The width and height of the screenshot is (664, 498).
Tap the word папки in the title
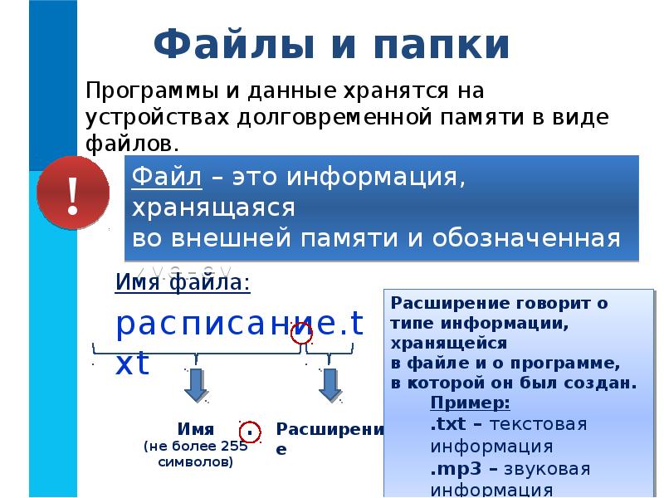coord(429,45)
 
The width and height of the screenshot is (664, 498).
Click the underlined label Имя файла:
coord(183,285)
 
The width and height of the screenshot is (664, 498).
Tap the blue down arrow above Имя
coord(196,384)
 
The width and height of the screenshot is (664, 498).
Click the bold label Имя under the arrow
coord(196,429)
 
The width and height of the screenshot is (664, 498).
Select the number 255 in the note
coord(234,446)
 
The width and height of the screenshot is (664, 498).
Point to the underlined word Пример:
coord(470,404)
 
